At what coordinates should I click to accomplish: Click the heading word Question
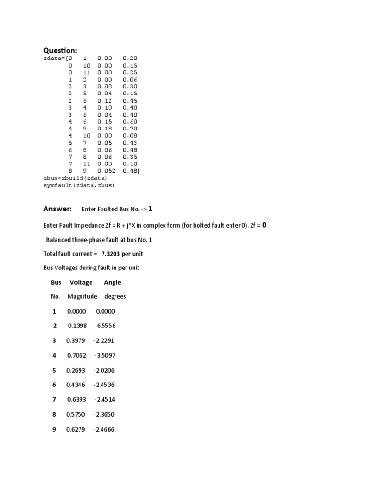(60, 50)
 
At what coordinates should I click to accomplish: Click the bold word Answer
(57, 209)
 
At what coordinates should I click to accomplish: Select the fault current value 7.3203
(112, 253)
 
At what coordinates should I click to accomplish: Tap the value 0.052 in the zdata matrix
(106, 171)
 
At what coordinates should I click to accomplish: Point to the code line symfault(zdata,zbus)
(79, 185)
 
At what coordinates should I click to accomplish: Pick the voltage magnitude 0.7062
(76, 355)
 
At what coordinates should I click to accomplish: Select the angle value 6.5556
(106, 326)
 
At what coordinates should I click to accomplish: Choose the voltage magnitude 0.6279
(75, 429)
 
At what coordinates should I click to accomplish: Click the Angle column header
(113, 282)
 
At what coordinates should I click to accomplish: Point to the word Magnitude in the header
(82, 296)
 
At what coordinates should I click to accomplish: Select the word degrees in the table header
(115, 296)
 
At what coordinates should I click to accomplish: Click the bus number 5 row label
(54, 370)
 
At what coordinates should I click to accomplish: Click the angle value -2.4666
(104, 429)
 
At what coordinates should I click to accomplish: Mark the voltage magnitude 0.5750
(75, 414)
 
